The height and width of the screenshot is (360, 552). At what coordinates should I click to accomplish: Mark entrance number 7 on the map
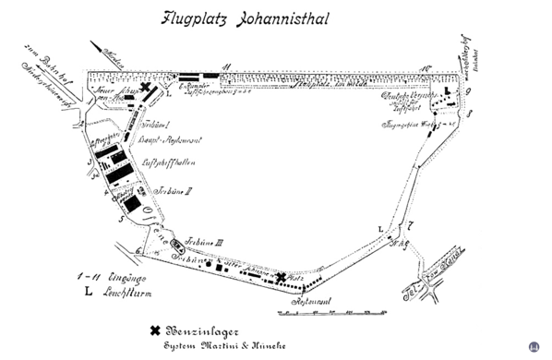tap(411, 225)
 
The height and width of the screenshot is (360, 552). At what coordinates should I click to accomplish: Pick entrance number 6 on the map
tap(138, 250)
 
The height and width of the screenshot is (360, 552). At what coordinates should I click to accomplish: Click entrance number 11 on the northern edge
tap(226, 68)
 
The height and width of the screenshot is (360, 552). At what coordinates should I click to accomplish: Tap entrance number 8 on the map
tap(469, 114)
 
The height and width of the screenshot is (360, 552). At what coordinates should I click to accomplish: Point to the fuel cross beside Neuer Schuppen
tap(146, 89)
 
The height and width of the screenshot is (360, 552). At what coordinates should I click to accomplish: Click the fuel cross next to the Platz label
tap(281, 276)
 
